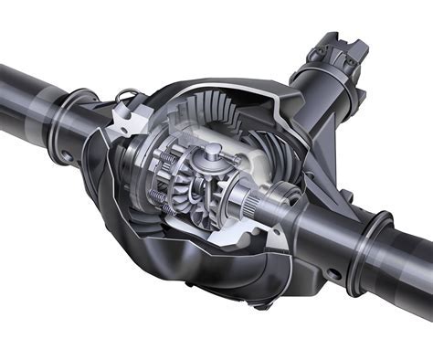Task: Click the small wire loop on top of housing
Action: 128,93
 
